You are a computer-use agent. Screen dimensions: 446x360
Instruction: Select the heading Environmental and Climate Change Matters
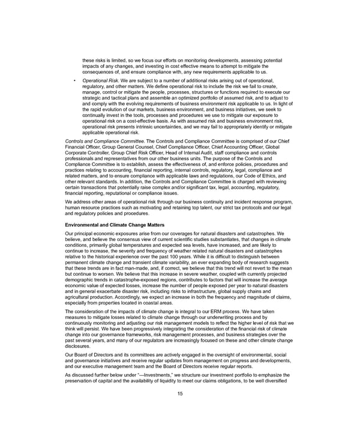tap(115, 224)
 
